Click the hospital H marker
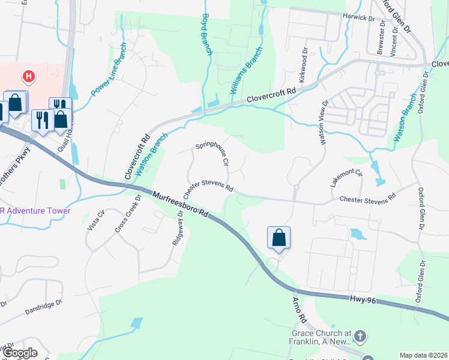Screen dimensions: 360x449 28,76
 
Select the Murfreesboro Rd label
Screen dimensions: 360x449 179,205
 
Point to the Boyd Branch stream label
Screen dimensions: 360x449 207,35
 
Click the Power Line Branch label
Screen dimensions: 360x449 109,70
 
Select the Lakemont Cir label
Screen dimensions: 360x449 347,178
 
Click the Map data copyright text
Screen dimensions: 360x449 423,355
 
